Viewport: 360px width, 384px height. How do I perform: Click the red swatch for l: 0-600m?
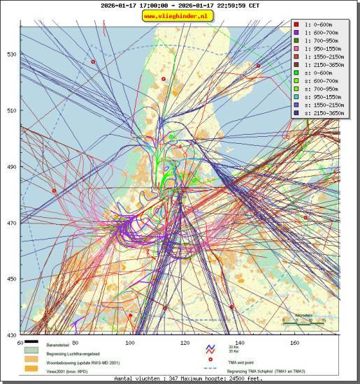[x=297, y=25]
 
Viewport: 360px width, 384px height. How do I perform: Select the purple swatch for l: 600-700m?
[x=297, y=33]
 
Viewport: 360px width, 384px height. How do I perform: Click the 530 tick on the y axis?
[x=12, y=54]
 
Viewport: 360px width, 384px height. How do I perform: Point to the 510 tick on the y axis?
[x=12, y=110]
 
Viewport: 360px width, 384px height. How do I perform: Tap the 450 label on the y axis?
[x=12, y=279]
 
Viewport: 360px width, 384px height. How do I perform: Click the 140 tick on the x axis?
[x=240, y=343]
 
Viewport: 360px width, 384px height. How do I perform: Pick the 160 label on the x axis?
[x=294, y=343]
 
